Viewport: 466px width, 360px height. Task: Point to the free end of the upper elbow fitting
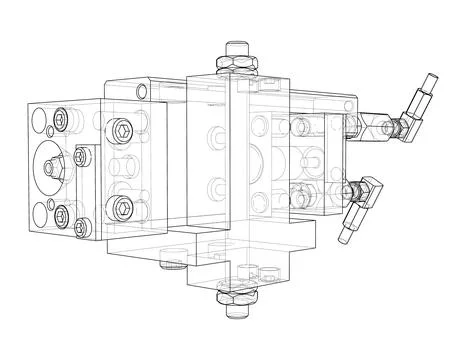(x=427, y=82)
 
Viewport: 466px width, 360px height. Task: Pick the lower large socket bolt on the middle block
(x=122, y=207)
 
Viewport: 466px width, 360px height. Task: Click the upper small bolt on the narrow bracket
(x=82, y=155)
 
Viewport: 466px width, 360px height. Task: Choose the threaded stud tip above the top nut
(x=237, y=46)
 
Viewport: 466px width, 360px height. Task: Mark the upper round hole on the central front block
(x=214, y=134)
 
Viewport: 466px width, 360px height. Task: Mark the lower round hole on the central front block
(x=214, y=184)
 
